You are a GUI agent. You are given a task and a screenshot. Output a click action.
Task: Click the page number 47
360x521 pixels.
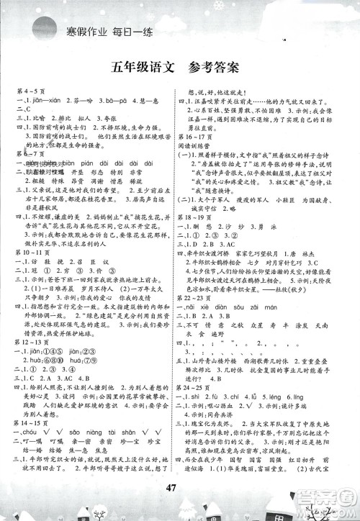click(x=181, y=481)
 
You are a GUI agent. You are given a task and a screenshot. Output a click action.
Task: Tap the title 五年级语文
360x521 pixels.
click(x=144, y=69)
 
